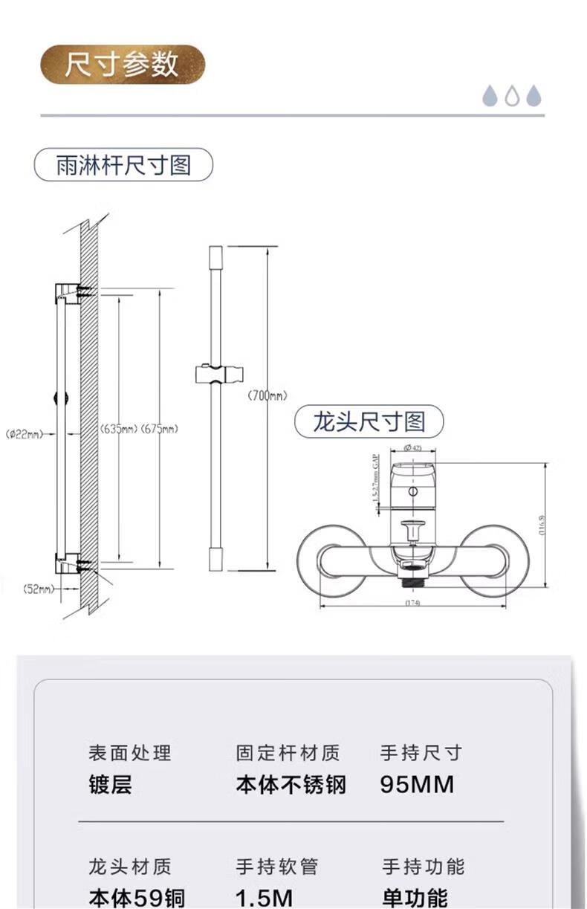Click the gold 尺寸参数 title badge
[x=122, y=64]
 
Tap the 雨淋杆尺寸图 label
[x=123, y=165]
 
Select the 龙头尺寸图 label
[x=369, y=422]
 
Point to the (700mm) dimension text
[x=267, y=396]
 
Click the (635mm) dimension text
[x=118, y=429]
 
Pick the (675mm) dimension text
[x=158, y=429]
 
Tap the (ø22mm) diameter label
[x=24, y=434]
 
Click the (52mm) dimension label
[x=39, y=589]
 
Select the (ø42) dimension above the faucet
[x=412, y=447]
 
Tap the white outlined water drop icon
[x=512, y=96]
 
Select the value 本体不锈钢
[x=291, y=785]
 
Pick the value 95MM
[x=417, y=785]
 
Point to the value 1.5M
[x=264, y=896]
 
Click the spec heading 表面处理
[x=129, y=753]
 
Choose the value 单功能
[x=415, y=896]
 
